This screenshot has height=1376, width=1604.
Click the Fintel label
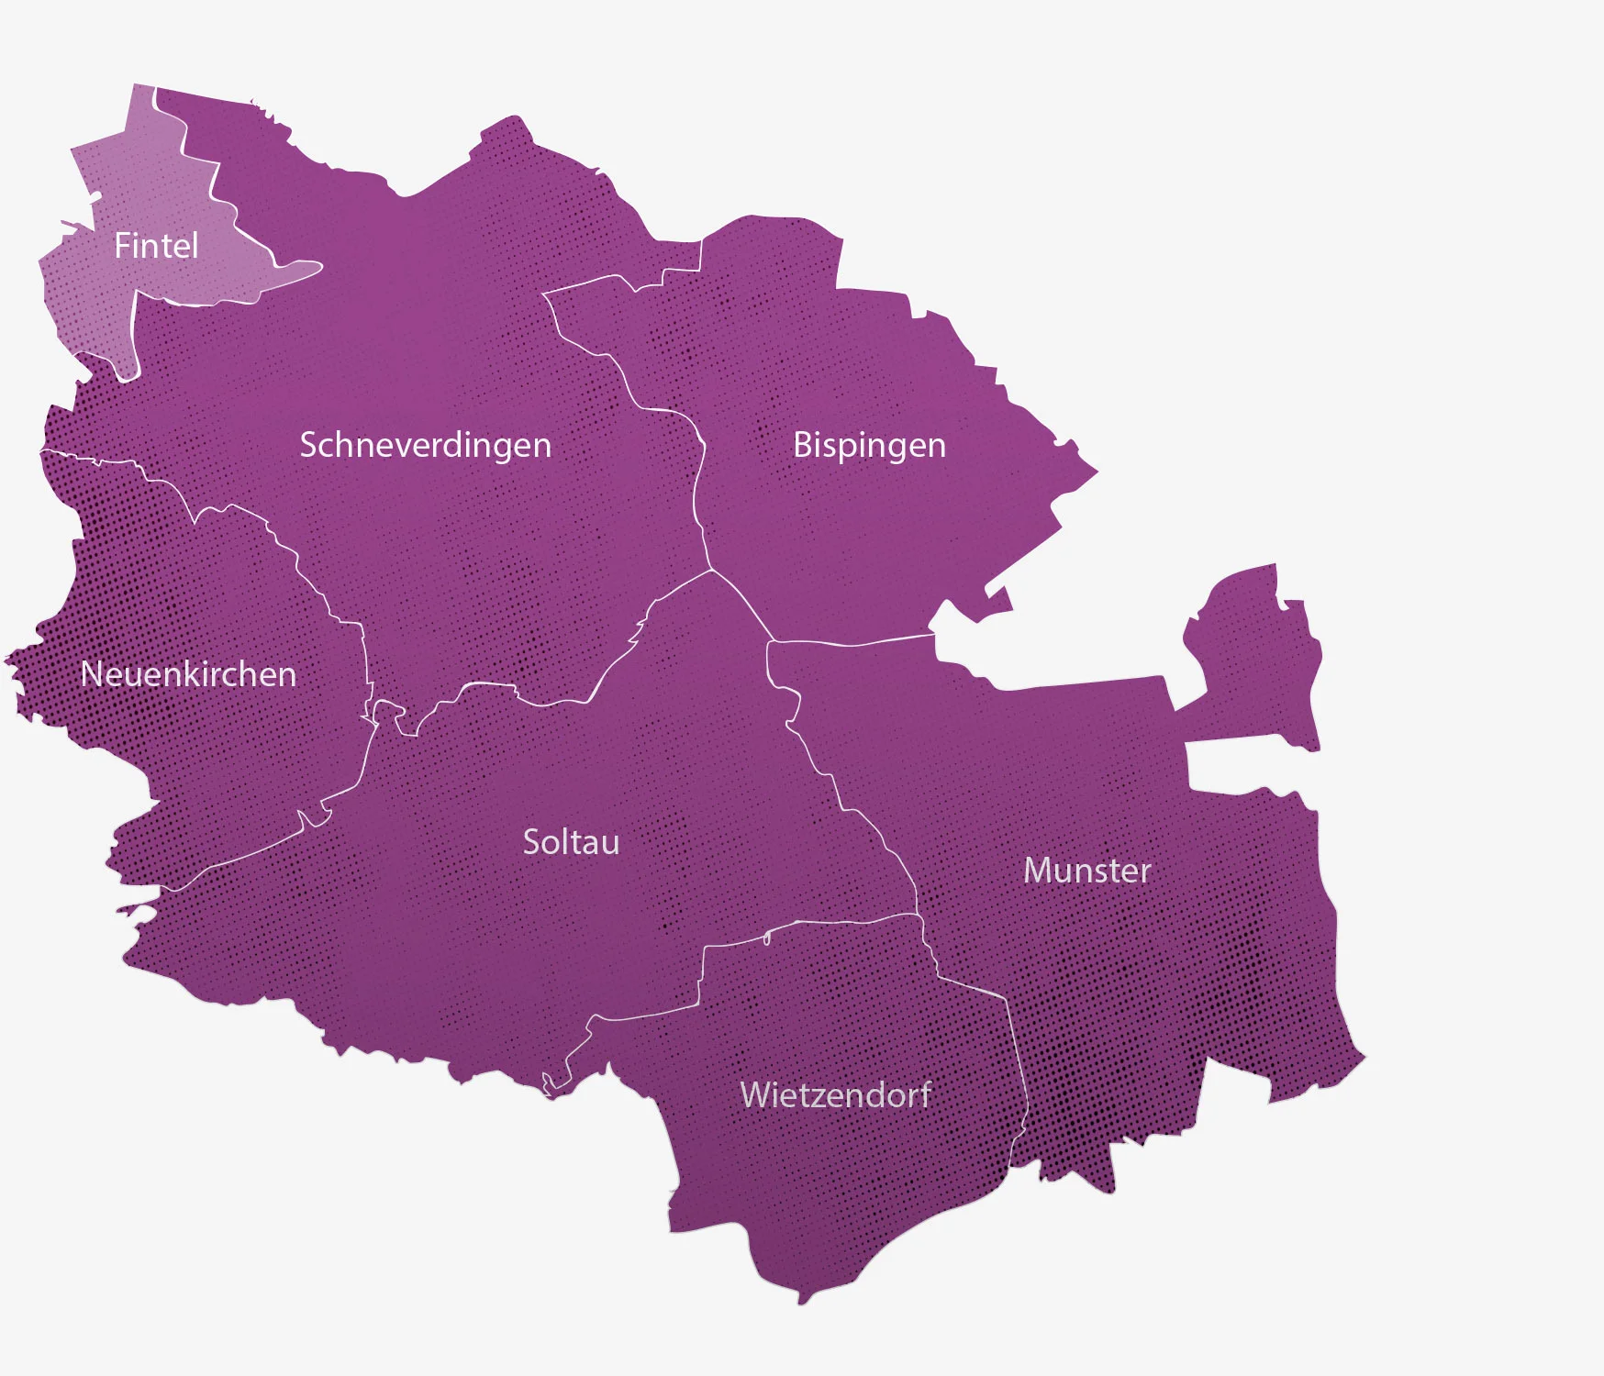(x=156, y=246)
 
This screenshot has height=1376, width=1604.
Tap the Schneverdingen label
(x=425, y=445)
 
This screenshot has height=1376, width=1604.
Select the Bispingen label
(x=868, y=445)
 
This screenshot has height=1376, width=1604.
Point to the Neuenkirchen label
(x=188, y=674)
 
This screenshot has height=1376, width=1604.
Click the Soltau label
(x=571, y=842)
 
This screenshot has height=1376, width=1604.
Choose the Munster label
(x=1086, y=871)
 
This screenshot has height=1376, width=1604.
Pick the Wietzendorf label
(x=835, y=1095)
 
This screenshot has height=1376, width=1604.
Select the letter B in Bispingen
(x=802, y=445)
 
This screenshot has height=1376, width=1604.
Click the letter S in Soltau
(x=531, y=842)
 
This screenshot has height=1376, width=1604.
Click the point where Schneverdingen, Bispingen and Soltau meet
(x=711, y=571)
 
